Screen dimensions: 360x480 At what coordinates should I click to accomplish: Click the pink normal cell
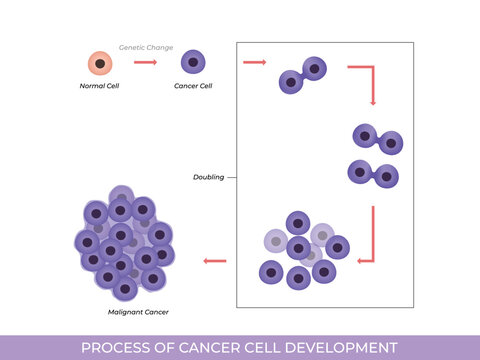click(x=99, y=63)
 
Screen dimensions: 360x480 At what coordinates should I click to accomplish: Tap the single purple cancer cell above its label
click(x=194, y=63)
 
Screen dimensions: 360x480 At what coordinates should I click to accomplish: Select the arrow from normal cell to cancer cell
click(x=146, y=63)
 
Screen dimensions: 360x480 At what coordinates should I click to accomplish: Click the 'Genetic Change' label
click(x=146, y=46)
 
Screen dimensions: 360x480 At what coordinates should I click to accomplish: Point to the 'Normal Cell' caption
click(x=99, y=86)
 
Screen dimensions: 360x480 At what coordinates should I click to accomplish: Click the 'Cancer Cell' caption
click(x=194, y=86)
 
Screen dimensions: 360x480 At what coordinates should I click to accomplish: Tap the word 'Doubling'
click(x=208, y=177)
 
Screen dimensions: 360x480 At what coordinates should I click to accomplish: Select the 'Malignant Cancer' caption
click(x=138, y=312)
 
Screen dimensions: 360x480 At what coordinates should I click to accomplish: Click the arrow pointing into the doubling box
click(x=255, y=63)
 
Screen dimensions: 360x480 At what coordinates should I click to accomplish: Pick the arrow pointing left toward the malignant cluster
click(x=214, y=262)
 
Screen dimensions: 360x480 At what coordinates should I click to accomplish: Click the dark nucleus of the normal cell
click(x=99, y=63)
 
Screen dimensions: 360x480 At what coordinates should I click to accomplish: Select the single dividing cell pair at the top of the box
click(x=303, y=76)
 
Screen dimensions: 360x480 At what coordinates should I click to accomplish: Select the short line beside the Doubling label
click(x=232, y=177)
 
